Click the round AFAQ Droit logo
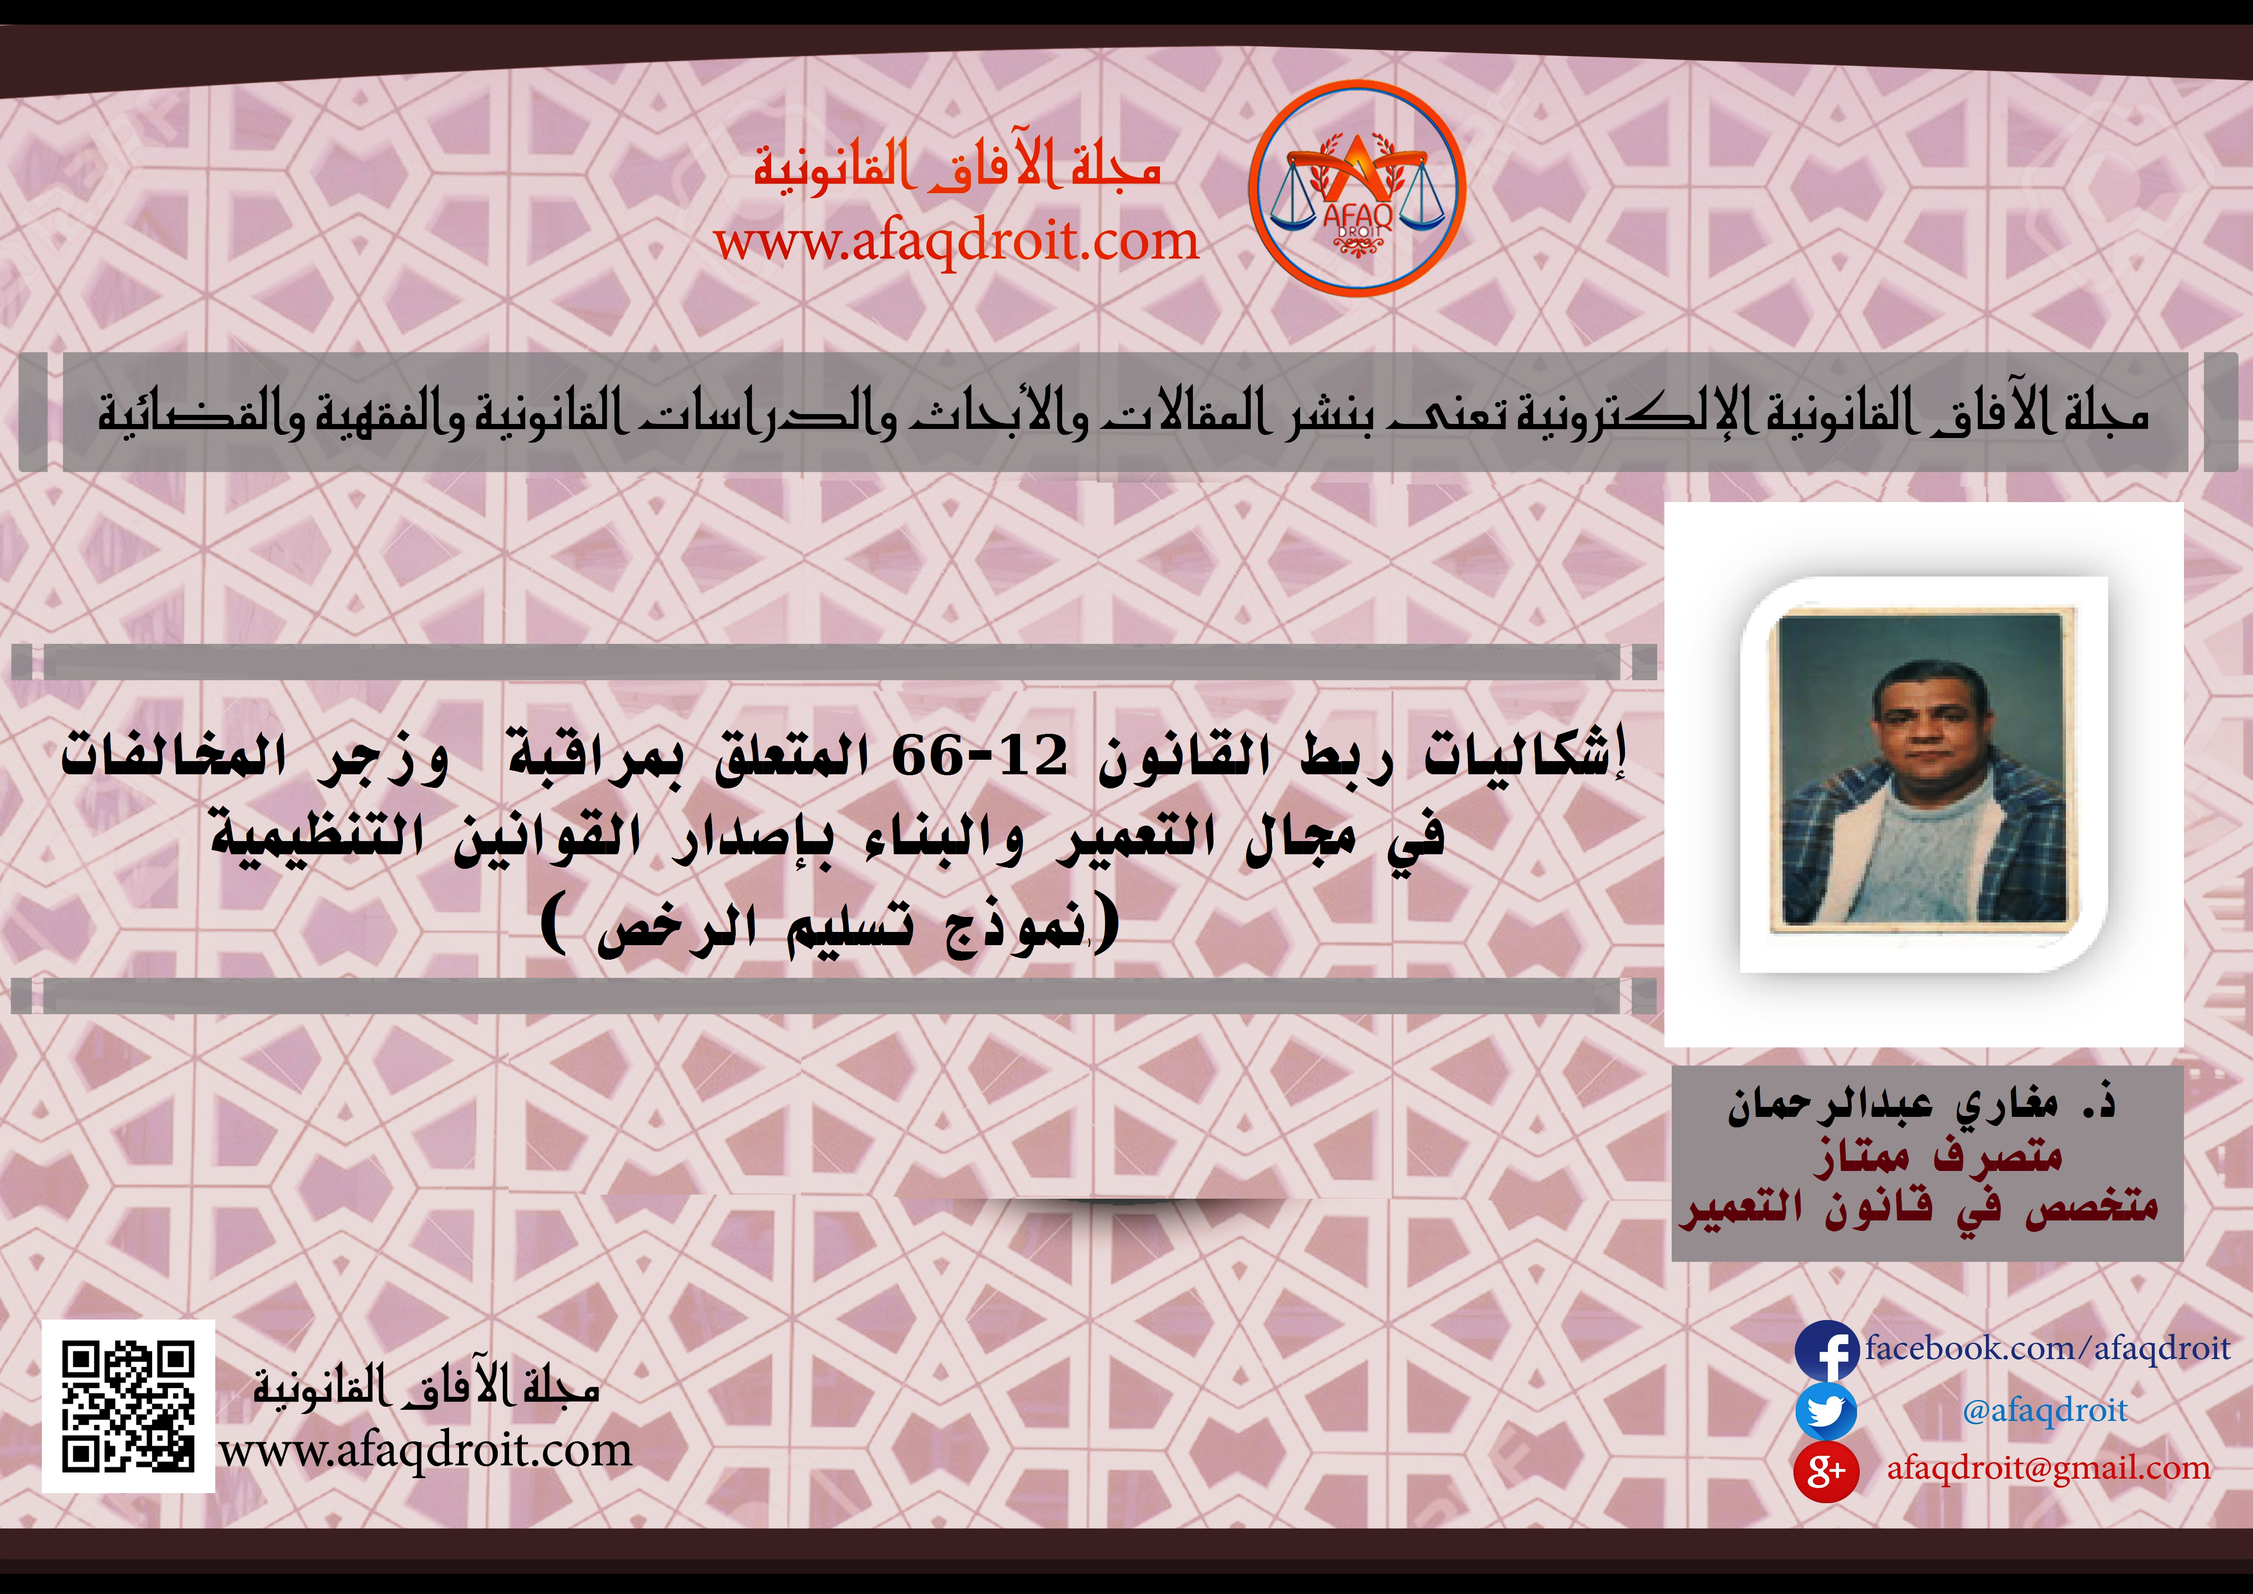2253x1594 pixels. [x=1357, y=189]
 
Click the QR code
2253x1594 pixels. [x=129, y=1406]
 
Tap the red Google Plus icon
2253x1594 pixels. [x=1826, y=1470]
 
